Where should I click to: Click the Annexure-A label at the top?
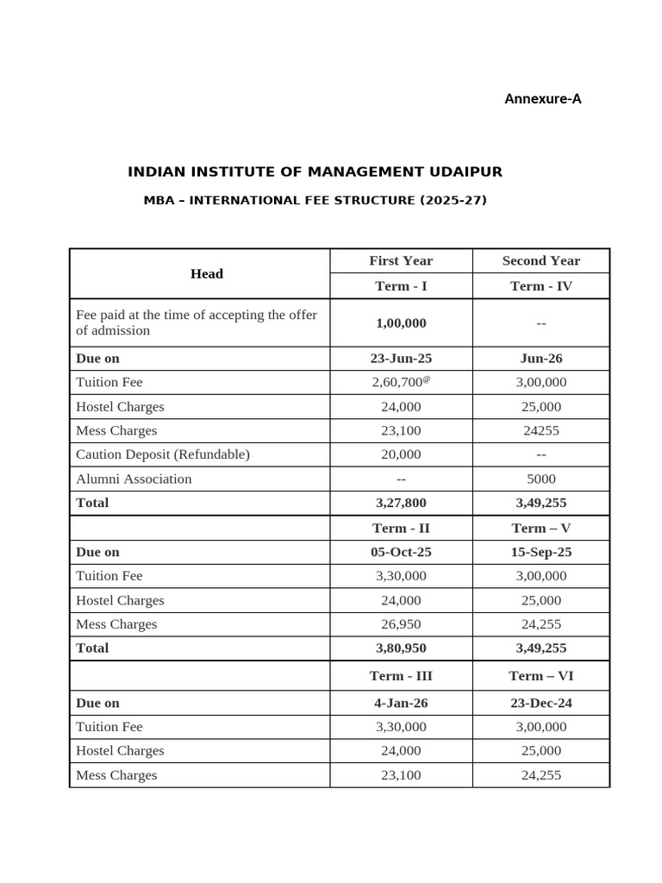542,99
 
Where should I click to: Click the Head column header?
206,273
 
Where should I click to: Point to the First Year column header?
401,260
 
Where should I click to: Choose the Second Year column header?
540,260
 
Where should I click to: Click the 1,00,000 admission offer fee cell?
401,323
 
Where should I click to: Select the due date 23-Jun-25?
401,358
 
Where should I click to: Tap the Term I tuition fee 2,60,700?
398,382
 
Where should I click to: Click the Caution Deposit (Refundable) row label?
163,454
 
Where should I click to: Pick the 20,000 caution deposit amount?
401,454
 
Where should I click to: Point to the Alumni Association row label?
134,479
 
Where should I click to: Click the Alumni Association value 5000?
540,479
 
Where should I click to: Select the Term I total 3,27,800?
401,503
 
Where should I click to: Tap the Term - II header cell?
401,528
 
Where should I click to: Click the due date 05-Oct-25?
401,552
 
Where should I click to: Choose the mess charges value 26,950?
401,623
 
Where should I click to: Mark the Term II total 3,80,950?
401,648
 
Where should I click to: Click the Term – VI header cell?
540,676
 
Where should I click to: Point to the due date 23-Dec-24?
540,703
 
